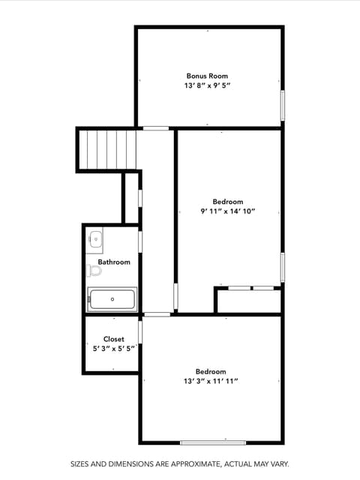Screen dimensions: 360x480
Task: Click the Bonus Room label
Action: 207,76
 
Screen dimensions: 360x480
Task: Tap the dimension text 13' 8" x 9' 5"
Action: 207,85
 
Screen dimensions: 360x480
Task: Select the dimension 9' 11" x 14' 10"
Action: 228,211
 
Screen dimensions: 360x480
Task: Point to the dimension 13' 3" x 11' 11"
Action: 211,381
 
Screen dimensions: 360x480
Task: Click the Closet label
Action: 114,339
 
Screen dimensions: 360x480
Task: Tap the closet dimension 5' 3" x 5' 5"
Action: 114,349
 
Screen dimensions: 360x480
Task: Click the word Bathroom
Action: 114,262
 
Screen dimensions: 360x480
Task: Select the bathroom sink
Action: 95,239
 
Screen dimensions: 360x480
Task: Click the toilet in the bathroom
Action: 94,271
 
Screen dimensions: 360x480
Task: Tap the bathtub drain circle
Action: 112,299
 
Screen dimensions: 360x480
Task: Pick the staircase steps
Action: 107,149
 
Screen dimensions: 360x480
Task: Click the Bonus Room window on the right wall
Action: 283,105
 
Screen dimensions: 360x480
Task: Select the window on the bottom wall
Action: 213,442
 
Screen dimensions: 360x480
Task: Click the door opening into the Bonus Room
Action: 156,128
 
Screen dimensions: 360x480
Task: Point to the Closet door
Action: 140,331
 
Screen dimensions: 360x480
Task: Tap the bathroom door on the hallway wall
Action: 140,241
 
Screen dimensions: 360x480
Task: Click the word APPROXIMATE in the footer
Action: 195,464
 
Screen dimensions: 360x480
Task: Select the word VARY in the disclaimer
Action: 280,464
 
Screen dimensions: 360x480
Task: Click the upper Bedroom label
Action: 228,202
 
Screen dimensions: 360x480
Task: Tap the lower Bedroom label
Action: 211,372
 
